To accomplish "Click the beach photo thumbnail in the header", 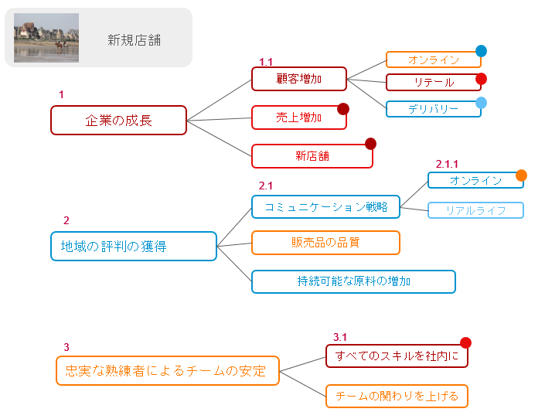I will tap(46, 38).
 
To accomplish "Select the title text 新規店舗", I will tap(139, 40).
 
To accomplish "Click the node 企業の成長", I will tap(118, 121).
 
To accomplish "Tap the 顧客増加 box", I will tap(298, 79).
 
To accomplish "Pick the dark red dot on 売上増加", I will tap(343, 109).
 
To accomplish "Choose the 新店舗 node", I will tap(312, 156).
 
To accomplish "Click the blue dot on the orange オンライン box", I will tap(481, 52).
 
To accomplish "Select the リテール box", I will tap(433, 83).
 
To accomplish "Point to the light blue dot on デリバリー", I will tap(481, 103).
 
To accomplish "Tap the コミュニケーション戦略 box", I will tap(325, 207).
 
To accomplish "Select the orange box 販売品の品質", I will tap(325, 243).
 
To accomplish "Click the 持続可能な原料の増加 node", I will tap(353, 281).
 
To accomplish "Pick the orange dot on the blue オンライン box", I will tap(521, 175).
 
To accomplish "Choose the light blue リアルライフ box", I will tap(475, 210).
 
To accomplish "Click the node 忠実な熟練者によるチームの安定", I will tap(167, 370).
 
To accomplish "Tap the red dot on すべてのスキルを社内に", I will tap(465, 343).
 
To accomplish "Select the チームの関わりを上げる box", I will tap(397, 397).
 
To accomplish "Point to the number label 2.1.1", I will tap(447, 164).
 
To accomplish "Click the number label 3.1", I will tap(340, 337).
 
